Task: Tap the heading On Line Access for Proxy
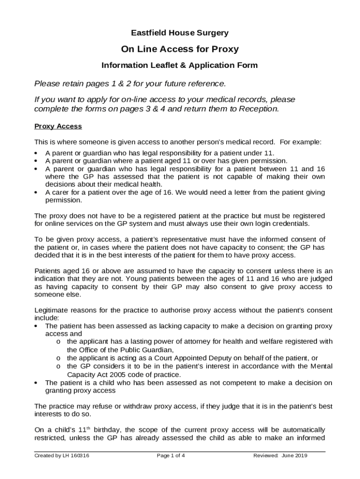[x=180, y=49]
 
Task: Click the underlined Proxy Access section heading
[x=58, y=126]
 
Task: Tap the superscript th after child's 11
[x=93, y=428]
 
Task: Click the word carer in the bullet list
[x=61, y=192]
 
